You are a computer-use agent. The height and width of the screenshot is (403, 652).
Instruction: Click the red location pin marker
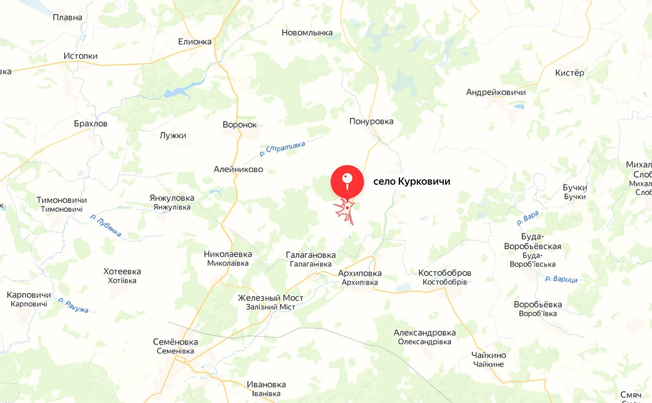click(x=347, y=181)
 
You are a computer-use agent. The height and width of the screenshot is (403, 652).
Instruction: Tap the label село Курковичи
click(x=412, y=181)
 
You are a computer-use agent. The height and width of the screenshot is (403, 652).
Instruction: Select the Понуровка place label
click(x=372, y=122)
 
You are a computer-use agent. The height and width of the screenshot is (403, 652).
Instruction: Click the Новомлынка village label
click(x=307, y=33)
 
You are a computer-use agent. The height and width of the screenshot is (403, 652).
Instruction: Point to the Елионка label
click(x=195, y=42)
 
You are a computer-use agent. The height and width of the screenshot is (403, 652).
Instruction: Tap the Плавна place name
click(x=67, y=17)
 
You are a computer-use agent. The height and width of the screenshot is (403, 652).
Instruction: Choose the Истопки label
click(x=80, y=56)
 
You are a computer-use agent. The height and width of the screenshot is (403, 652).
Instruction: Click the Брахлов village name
click(x=91, y=123)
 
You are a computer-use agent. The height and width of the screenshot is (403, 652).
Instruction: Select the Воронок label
click(x=240, y=124)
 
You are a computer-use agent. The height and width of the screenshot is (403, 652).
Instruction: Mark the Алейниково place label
click(x=239, y=169)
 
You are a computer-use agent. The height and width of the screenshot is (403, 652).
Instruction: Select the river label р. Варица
click(x=561, y=279)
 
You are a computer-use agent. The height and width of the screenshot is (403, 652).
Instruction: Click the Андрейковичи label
click(x=496, y=92)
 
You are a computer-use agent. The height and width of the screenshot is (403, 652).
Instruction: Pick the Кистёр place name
click(x=569, y=73)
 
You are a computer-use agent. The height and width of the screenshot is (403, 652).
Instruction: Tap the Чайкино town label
click(x=489, y=355)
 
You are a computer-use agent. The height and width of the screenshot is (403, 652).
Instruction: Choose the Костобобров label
click(x=444, y=273)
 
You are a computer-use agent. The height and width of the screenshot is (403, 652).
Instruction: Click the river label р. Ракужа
click(x=73, y=305)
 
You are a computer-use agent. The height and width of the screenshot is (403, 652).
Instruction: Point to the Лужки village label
click(x=173, y=135)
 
